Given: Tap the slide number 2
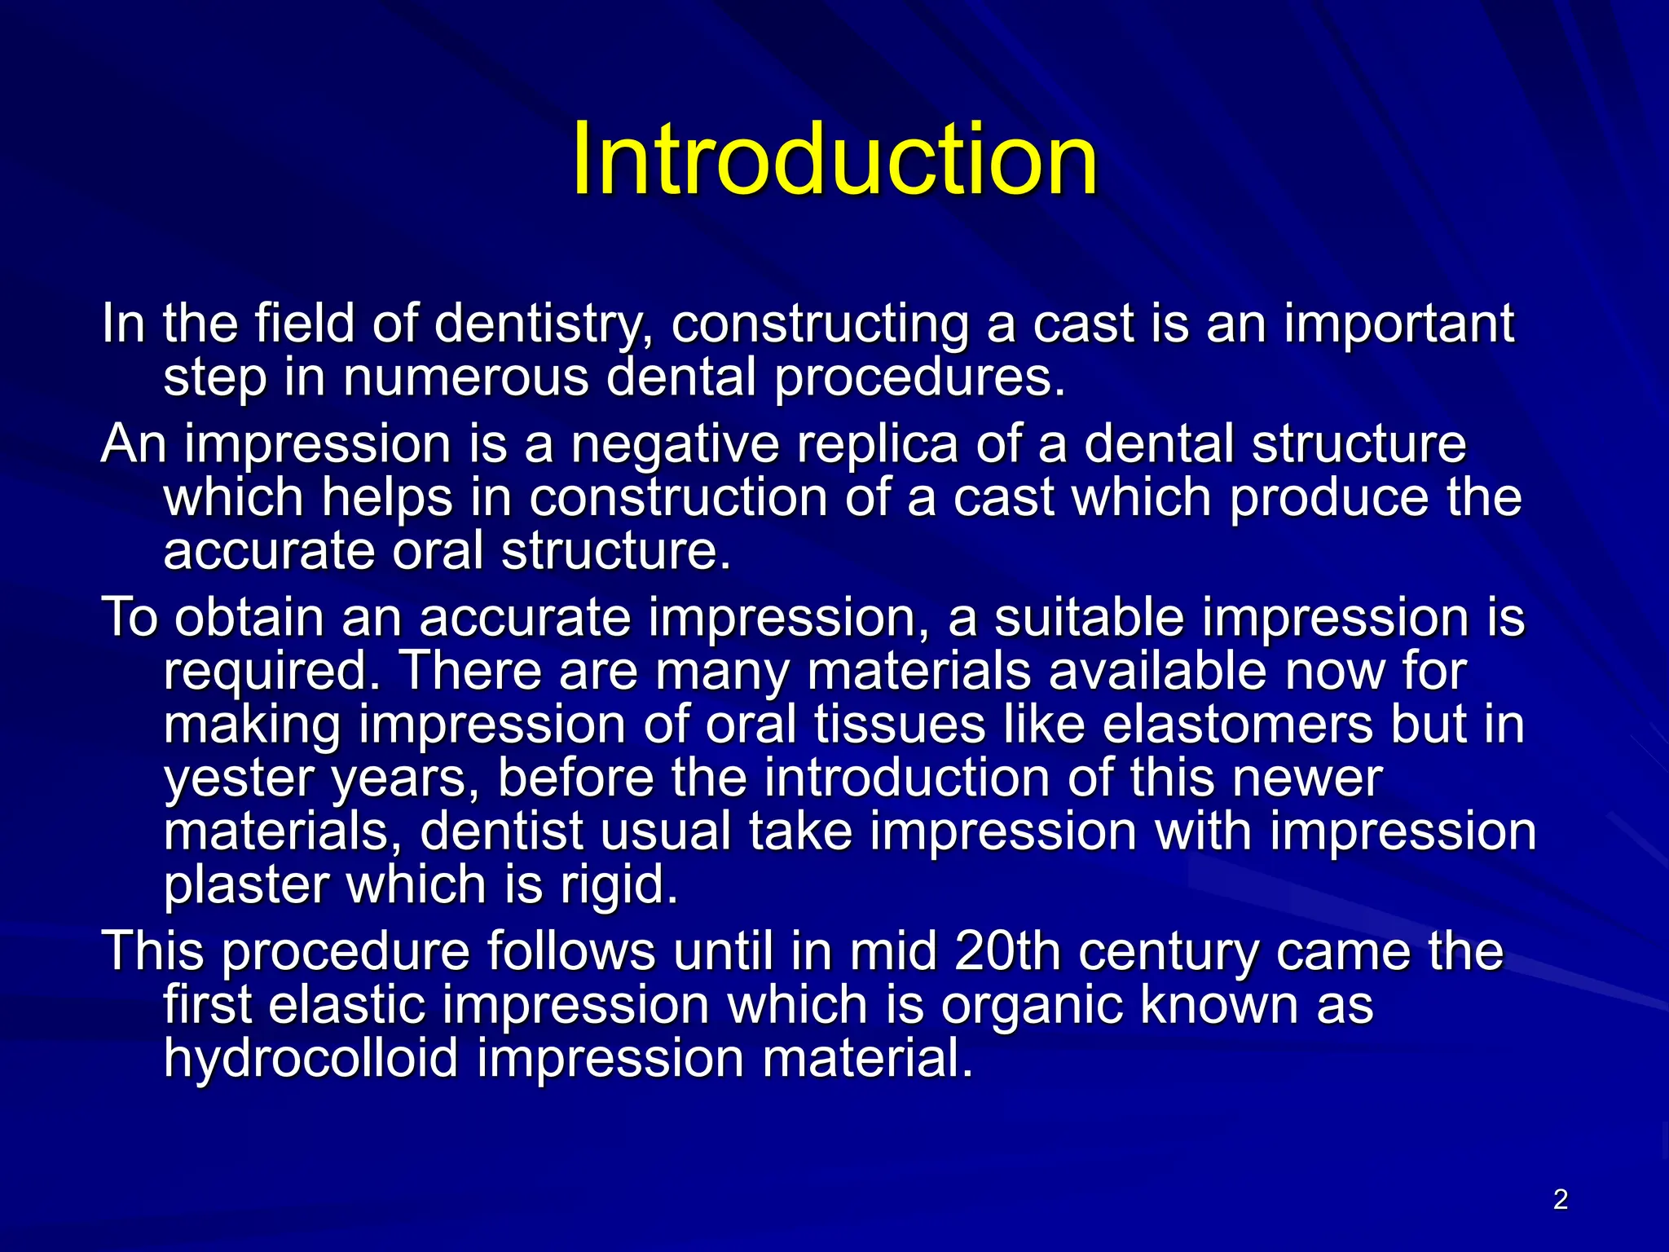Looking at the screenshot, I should point(1560,1200).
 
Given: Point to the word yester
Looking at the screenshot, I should point(239,778).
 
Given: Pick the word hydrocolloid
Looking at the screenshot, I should point(310,1059).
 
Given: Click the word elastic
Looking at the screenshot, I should point(347,1005).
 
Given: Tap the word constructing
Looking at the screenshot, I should point(820,324).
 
